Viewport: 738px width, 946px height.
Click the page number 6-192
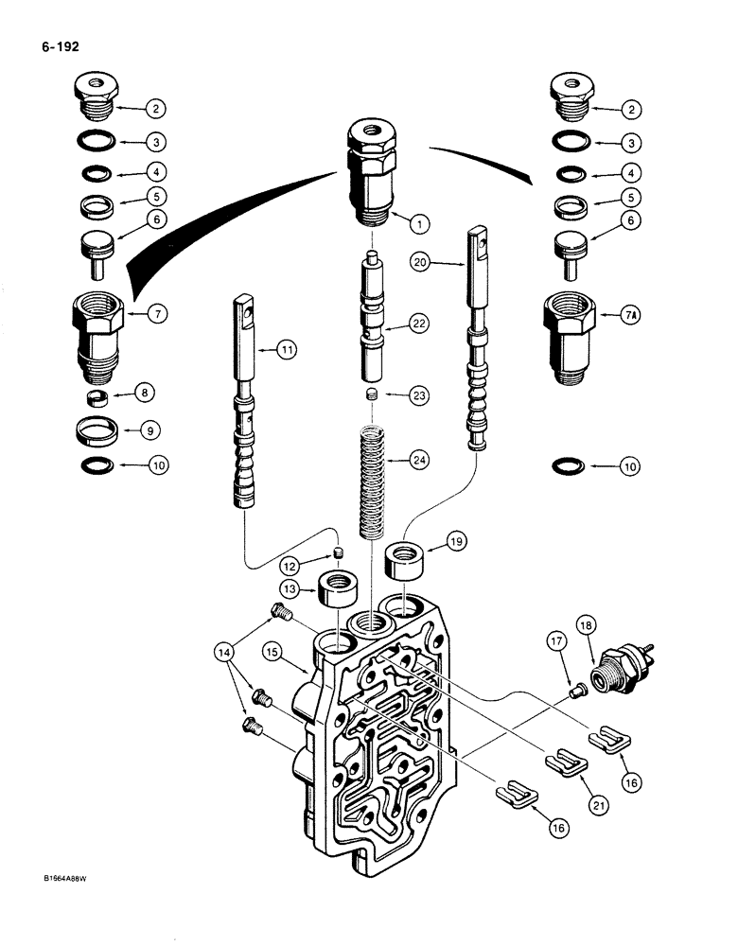[59, 44]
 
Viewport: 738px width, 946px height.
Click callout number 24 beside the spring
[418, 461]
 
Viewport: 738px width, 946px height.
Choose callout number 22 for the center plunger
[418, 324]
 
